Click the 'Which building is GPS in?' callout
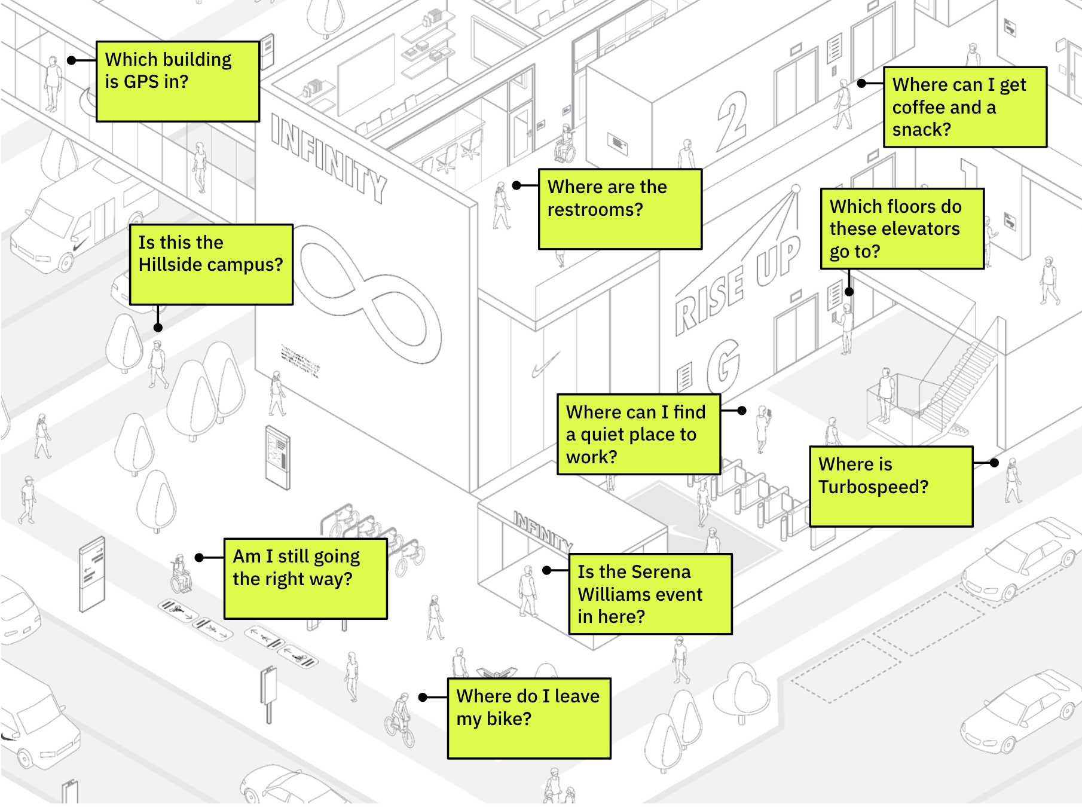(178, 81)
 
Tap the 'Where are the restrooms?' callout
(620, 209)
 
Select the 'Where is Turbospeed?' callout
(891, 486)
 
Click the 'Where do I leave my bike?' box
(529, 718)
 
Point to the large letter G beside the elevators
(724, 364)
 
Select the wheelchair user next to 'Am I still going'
(181, 574)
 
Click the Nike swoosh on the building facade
(545, 365)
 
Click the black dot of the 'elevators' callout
(849, 292)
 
